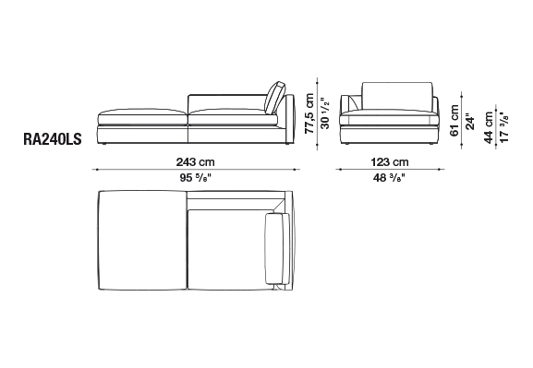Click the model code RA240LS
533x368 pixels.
[x=53, y=139]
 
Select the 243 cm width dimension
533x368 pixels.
[x=196, y=162]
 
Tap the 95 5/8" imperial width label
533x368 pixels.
[x=196, y=178]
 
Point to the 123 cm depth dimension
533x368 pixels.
[x=390, y=162]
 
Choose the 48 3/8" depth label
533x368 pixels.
[x=389, y=178]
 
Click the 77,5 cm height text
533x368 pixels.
[x=309, y=113]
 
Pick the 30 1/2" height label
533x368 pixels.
[x=325, y=113]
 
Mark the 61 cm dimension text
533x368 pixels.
[x=454, y=121]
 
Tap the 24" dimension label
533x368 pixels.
[x=470, y=122]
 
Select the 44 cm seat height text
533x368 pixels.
[x=489, y=127]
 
